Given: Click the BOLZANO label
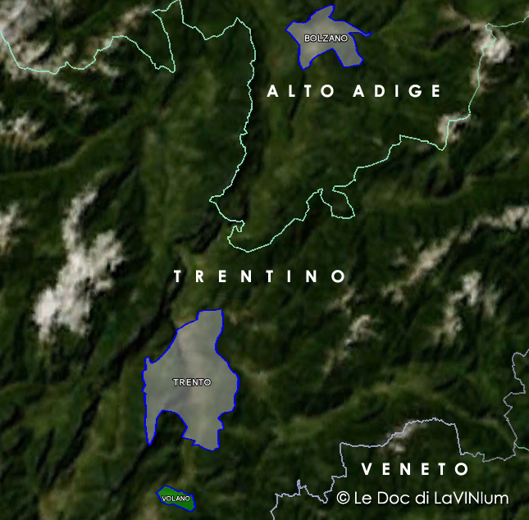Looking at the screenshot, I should coord(326,39).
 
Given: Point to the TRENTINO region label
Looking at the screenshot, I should coord(260,276).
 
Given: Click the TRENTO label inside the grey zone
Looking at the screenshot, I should coord(192,382).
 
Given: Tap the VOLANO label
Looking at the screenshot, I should coord(176,499).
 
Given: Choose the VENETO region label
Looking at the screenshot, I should coord(415,469).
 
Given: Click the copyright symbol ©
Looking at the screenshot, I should coord(344,498).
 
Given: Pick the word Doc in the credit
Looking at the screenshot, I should coord(394,498).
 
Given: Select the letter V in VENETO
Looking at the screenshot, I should coord(367,469).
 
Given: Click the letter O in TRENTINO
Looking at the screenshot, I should coord(338,276).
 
